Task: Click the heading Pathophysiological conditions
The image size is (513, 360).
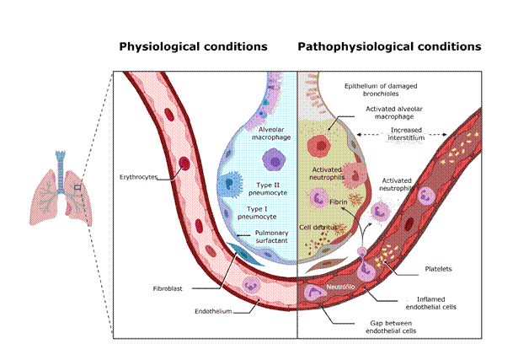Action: (x=389, y=46)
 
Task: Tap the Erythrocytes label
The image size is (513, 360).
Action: (x=138, y=178)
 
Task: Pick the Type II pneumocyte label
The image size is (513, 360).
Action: (x=261, y=188)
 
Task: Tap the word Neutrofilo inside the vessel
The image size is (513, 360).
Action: (x=327, y=287)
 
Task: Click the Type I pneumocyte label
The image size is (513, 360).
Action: (x=261, y=211)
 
